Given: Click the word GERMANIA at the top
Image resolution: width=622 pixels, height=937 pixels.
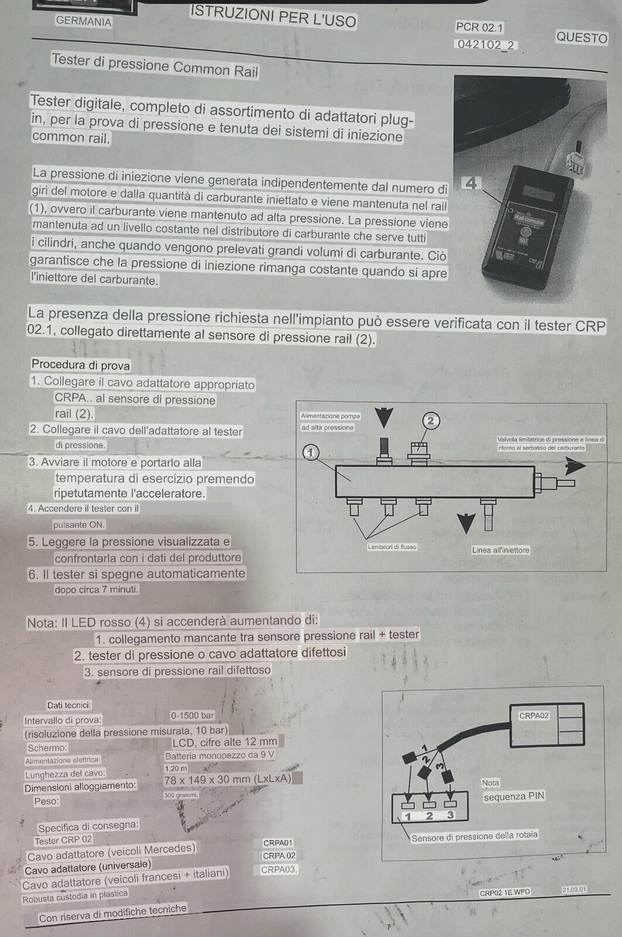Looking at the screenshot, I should (x=83, y=22).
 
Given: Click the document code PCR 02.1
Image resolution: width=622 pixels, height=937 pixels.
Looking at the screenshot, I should (x=480, y=28).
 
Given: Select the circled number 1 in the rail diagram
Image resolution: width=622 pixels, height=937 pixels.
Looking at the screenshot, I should (x=311, y=452).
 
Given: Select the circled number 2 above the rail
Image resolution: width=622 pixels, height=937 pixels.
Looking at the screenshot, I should (x=430, y=420).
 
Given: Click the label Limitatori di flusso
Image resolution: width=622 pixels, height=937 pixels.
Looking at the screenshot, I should (x=392, y=547).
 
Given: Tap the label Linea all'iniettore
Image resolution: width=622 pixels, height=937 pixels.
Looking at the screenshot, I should (x=500, y=550).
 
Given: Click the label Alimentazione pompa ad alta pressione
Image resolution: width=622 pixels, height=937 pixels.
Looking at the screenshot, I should (x=330, y=422).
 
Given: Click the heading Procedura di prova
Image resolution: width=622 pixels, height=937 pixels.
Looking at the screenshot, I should (x=81, y=365).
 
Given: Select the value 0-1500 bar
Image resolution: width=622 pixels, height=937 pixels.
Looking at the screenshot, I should (x=192, y=716).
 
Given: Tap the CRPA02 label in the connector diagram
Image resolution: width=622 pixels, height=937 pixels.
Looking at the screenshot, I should (x=534, y=716).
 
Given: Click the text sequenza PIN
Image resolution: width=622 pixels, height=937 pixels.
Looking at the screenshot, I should (x=514, y=796).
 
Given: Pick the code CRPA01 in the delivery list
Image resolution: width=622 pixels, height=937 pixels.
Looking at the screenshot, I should (x=278, y=843).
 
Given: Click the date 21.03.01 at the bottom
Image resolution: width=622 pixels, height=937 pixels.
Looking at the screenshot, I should (x=574, y=890).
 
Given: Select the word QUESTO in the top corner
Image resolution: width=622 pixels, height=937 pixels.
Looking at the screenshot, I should (x=581, y=37).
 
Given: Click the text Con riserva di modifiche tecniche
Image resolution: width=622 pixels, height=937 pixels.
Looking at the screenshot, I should (x=112, y=914).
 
